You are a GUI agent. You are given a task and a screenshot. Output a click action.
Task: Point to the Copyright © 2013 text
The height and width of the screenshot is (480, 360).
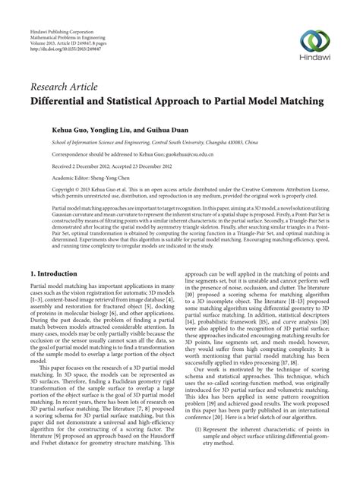[x=76, y=194]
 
